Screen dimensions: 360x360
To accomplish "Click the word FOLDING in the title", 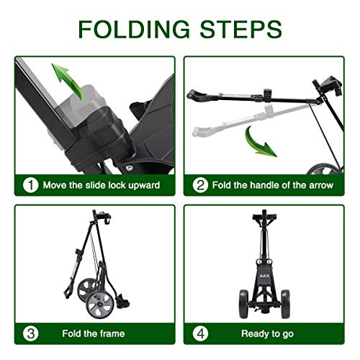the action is (134, 30).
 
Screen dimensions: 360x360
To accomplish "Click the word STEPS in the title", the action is (240, 30).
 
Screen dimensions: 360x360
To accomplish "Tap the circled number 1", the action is (30, 185).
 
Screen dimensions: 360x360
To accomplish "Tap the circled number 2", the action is (200, 185).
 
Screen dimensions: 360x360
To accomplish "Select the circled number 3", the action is (30, 333).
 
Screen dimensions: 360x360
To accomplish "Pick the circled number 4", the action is (200, 333).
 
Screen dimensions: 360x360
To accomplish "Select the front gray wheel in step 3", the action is (99, 305).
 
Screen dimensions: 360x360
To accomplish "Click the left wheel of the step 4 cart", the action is (243, 304).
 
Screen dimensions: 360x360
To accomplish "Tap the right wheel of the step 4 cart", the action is (285, 304).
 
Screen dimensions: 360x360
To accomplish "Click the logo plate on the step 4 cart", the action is (264, 276).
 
